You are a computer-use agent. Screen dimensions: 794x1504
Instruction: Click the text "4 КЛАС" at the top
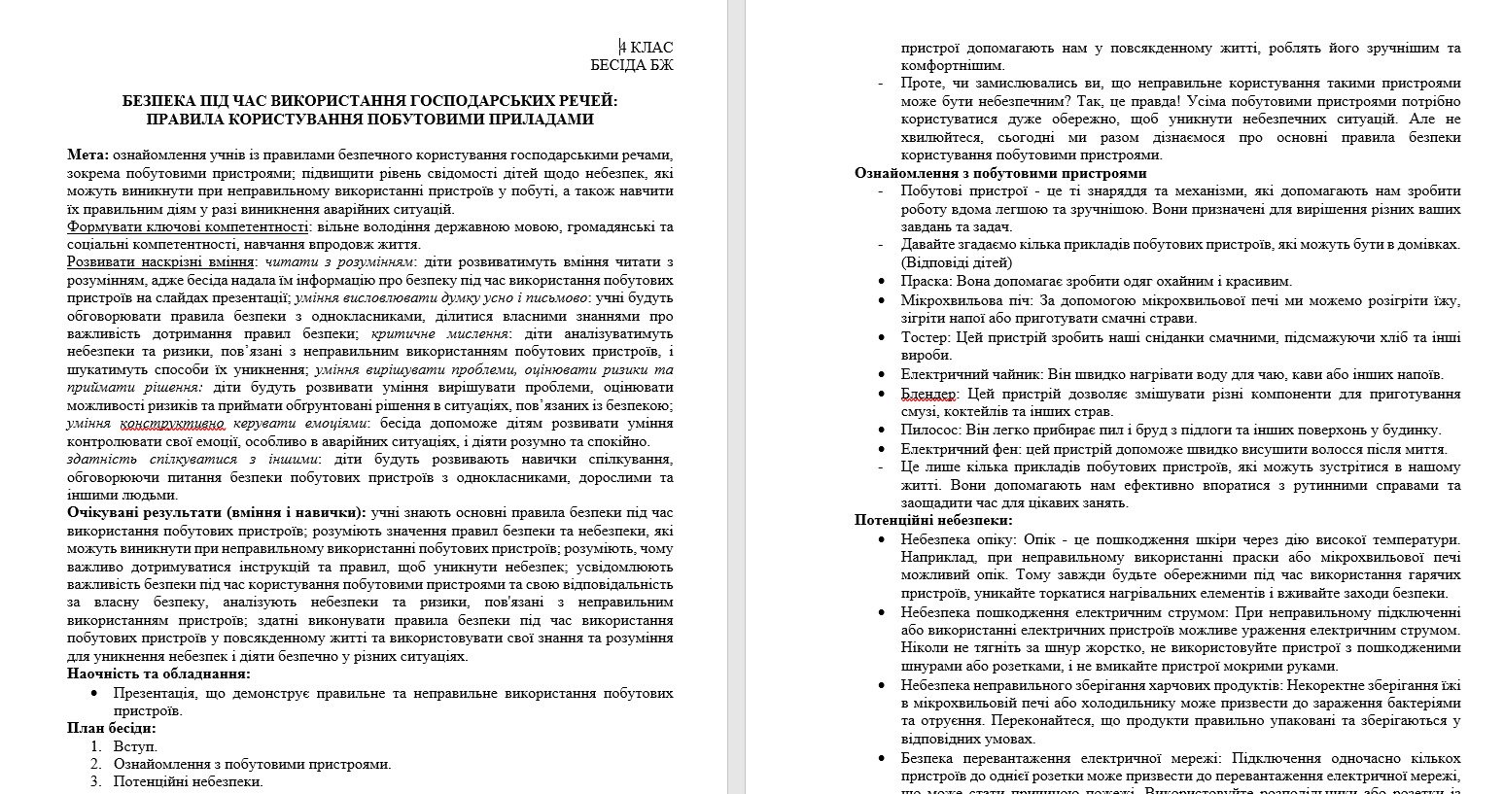pos(647,48)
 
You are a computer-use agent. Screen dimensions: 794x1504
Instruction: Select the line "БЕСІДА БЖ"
pos(632,65)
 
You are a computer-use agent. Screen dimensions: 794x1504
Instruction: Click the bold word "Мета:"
pos(88,155)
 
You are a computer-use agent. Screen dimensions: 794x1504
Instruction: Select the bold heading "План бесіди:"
pos(112,727)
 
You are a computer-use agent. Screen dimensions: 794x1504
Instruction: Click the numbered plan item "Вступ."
pos(135,745)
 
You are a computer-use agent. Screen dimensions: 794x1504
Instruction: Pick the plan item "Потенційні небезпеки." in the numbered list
pos(188,780)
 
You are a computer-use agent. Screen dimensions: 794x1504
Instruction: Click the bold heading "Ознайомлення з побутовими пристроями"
pos(1000,173)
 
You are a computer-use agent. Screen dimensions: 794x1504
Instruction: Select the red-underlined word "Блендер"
pos(929,394)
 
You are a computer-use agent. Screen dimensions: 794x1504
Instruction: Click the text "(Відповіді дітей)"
pos(956,262)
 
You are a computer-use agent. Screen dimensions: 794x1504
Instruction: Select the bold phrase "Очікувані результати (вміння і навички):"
pos(217,512)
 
